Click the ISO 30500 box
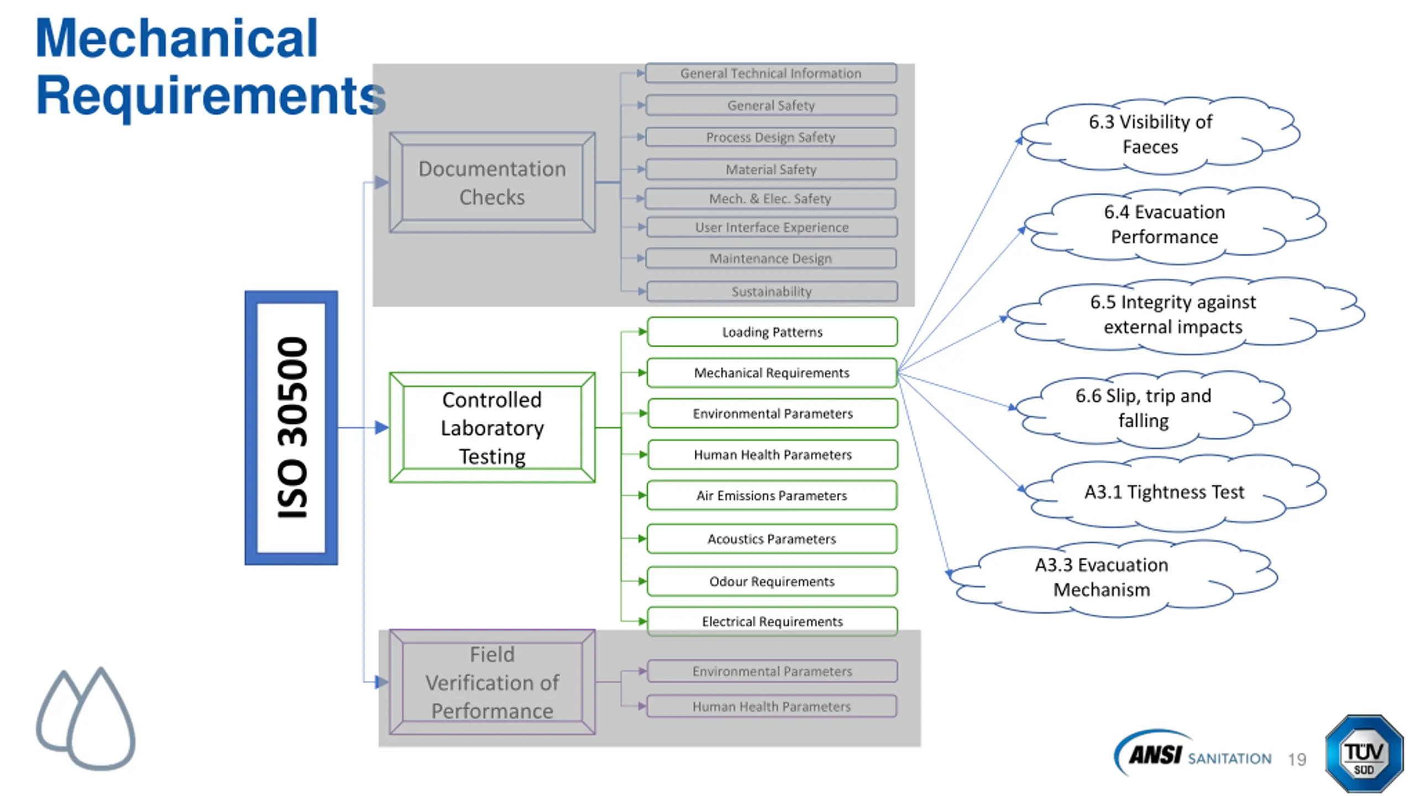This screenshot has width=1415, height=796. point(291,427)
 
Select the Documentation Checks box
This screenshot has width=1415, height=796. point(492,182)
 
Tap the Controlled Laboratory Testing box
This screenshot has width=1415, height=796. point(492,427)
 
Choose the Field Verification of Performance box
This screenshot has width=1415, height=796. point(492,682)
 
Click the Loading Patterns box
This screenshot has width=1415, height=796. point(772,332)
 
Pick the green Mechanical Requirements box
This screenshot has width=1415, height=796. point(772,373)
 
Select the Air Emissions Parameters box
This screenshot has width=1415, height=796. point(772,495)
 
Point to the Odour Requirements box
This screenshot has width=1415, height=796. point(772,581)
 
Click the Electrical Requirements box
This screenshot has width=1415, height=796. point(772,621)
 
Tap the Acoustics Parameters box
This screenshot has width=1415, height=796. point(772,538)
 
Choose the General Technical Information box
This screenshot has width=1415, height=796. point(771,73)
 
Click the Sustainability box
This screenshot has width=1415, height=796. point(772,291)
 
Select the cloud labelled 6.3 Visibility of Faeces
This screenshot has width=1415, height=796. point(1160,135)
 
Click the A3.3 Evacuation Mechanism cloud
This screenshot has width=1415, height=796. point(1114,578)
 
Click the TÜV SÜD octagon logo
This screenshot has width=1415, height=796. point(1364,753)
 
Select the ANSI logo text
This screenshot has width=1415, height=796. point(1155,755)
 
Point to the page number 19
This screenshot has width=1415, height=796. point(1297,759)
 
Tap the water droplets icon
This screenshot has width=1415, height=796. point(86,719)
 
